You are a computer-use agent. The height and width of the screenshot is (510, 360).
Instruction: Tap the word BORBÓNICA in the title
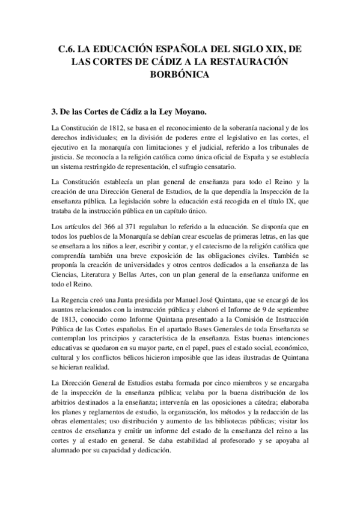(x=180, y=75)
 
